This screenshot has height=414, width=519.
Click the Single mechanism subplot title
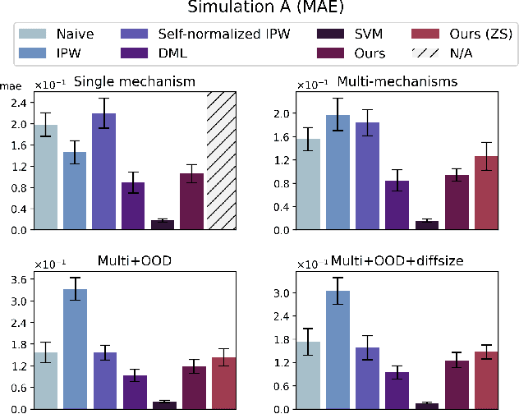(134, 82)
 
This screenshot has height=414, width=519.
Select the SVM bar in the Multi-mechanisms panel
(427, 225)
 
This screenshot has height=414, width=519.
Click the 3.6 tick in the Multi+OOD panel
(19, 280)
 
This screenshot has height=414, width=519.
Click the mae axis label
(11, 85)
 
